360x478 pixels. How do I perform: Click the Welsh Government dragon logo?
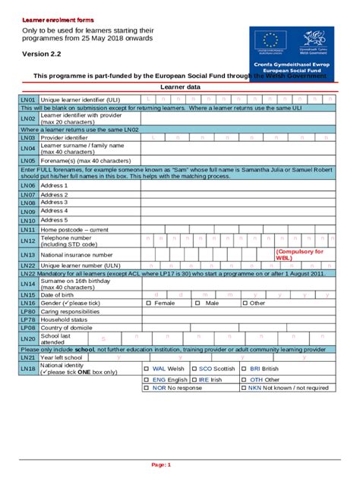314,40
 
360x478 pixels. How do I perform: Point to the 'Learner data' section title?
180,88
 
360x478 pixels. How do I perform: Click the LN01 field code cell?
28,99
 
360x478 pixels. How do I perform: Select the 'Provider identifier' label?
64,138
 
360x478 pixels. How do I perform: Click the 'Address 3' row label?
54,203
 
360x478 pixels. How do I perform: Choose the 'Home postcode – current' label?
75,229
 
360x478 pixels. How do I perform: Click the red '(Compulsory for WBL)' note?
299,255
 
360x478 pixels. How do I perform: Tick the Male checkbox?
197,303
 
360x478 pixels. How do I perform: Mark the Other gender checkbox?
245,303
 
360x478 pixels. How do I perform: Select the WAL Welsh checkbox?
148,369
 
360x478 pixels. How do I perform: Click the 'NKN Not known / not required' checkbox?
245,388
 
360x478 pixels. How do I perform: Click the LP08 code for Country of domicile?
28,328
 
